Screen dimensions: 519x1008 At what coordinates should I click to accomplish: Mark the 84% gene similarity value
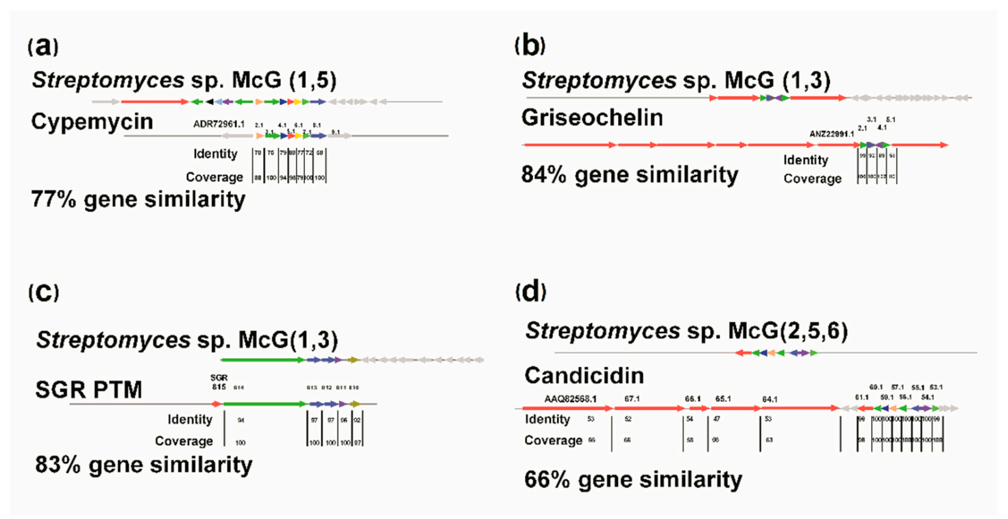543,176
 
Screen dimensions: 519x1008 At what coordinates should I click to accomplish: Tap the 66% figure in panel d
547,479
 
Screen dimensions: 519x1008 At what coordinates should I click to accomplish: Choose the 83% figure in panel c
58,465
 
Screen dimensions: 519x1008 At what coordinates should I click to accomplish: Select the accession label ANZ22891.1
831,134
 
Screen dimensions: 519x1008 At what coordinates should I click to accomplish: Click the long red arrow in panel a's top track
155,101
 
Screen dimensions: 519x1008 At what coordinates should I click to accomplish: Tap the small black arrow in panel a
209,101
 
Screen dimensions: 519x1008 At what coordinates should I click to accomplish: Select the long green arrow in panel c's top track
263,359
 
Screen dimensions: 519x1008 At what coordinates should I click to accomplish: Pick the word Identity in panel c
190,419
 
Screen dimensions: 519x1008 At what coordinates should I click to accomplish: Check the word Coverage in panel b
813,179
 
